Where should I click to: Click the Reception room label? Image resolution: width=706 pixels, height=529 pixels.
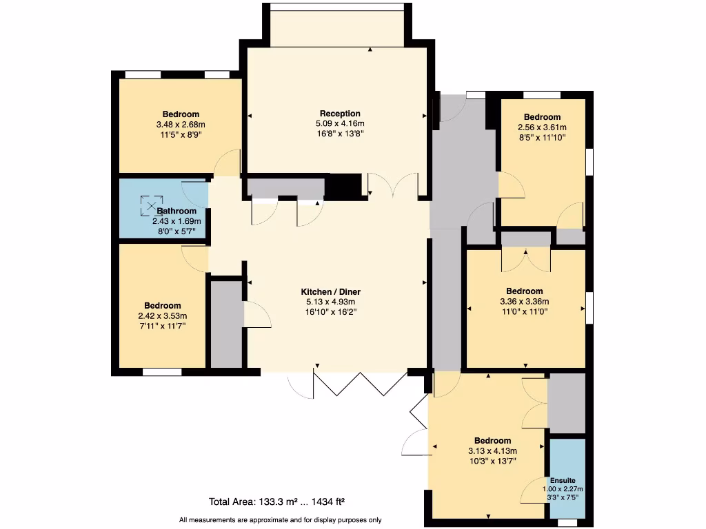340,114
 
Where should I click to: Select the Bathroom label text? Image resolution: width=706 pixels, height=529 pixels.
176,211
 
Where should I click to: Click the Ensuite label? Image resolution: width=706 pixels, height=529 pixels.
563,480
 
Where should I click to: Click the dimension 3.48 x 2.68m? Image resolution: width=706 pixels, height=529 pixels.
181,125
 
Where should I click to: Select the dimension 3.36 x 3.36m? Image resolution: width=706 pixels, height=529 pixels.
524,301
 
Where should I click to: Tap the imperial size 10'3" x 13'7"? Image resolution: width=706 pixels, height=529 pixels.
492,461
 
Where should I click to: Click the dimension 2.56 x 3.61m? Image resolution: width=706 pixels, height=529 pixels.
542,127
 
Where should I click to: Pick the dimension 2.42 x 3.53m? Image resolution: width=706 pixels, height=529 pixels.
163,315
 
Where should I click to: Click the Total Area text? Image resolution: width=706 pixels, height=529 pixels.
281,501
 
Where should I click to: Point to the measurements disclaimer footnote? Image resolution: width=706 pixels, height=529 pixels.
280,520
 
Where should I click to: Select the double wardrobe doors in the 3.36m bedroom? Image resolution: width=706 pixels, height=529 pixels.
525,260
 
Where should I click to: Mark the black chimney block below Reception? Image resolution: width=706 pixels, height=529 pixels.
343,185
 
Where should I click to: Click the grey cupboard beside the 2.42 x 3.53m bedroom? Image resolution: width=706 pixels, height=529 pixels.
226,324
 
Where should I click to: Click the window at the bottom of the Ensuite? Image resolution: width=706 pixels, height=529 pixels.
567,523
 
